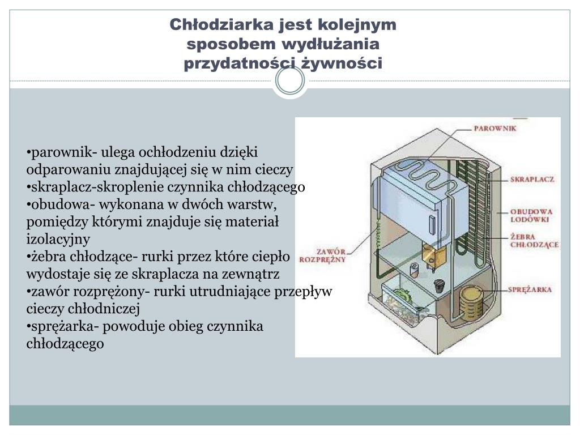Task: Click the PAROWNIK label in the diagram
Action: coord(494,129)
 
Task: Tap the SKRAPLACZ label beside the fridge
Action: coord(532,179)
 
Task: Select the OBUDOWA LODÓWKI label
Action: coord(531,215)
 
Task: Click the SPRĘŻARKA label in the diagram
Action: coord(530,289)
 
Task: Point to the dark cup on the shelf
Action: coord(438,285)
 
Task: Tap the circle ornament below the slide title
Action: coord(289,82)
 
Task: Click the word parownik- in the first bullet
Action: coord(58,152)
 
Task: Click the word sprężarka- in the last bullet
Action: coord(59,326)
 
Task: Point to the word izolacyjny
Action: coord(58,238)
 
